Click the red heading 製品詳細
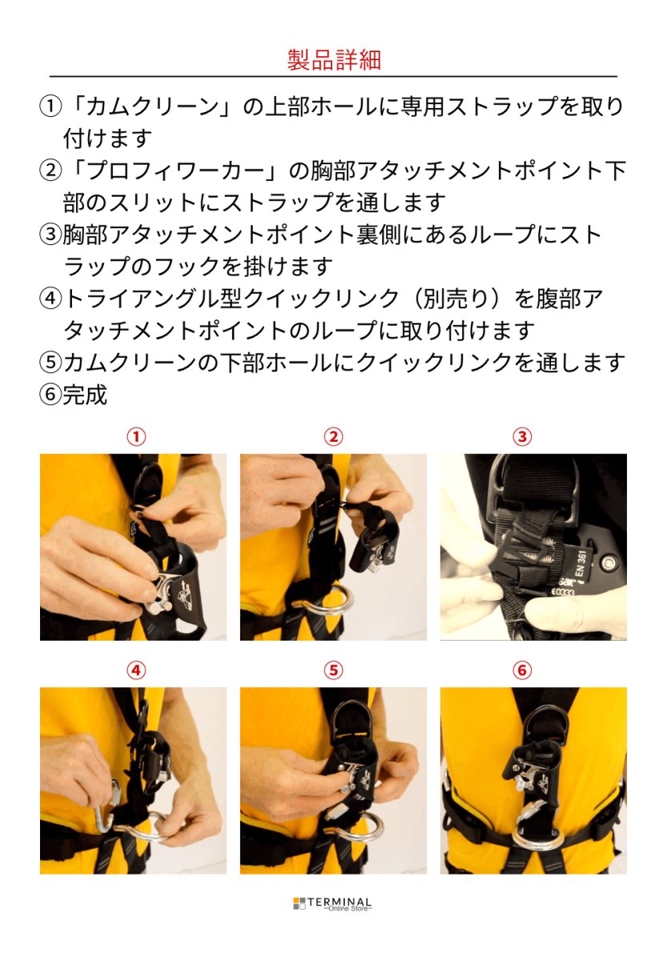click(x=333, y=59)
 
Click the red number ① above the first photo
click(x=137, y=436)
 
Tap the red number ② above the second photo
click(x=333, y=436)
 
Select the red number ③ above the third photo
click(x=522, y=436)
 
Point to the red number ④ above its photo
click(x=137, y=670)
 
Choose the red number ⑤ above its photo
click(x=333, y=670)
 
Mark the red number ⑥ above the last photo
click(x=522, y=670)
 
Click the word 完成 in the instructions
click(x=85, y=395)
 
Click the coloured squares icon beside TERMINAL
click(x=299, y=903)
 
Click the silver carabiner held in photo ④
click(x=105, y=809)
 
